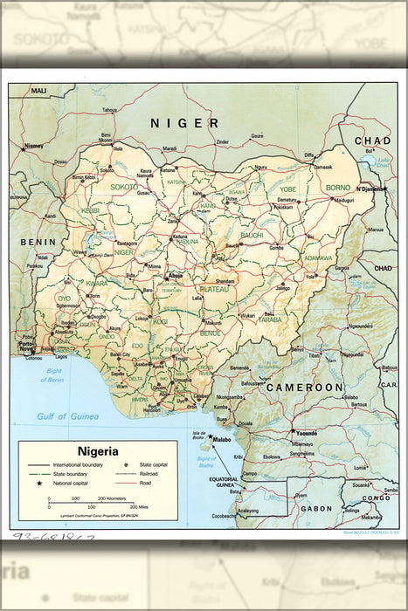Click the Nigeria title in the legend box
pos(97,451)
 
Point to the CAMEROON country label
pos(305,387)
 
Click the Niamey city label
pos(34,146)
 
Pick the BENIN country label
pos(39,242)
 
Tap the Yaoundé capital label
pos(306,434)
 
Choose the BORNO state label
pos(337,188)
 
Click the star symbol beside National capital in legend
pos(39,483)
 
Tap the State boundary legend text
pos(74,474)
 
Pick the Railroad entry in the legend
pos(144,474)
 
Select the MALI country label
pos(38,90)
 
